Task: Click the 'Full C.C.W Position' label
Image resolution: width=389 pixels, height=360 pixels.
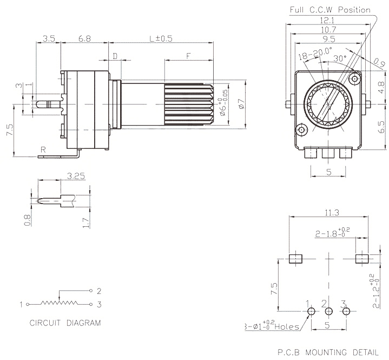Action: point(330,10)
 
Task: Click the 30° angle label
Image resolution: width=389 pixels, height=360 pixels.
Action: point(340,58)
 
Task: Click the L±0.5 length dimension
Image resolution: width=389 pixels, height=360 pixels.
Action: point(161,38)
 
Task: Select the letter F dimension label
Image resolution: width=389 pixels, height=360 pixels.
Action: point(188,55)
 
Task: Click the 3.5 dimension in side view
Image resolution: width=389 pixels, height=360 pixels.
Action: point(49,38)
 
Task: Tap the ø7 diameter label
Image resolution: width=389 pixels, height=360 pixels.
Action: point(242,103)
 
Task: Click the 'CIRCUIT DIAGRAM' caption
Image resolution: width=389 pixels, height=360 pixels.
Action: point(65,323)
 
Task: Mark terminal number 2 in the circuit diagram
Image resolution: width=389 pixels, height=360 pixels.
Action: point(99,290)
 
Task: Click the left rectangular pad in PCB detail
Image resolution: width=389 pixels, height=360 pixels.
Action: point(295,258)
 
